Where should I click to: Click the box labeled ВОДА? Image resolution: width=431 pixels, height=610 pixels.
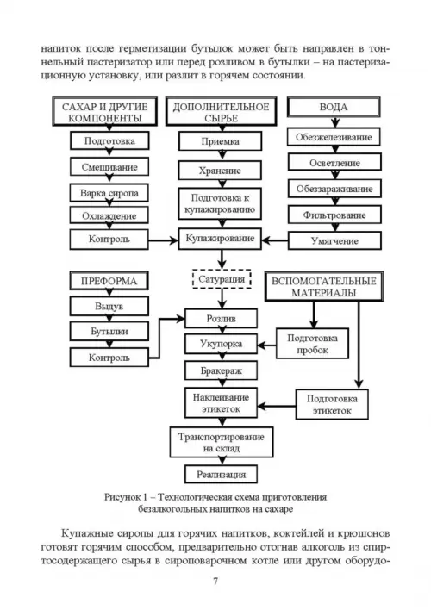click(334, 107)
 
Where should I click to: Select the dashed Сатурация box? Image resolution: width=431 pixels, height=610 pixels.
click(222, 279)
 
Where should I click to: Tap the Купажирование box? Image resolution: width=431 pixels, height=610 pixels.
click(220, 239)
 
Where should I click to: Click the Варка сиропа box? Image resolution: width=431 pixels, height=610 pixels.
click(109, 193)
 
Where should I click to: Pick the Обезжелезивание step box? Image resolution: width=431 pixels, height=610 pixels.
click(334, 137)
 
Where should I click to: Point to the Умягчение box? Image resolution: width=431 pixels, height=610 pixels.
click(334, 240)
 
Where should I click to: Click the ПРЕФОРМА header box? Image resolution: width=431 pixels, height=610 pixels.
click(109, 281)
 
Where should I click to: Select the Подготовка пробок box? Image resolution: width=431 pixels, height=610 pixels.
click(312, 344)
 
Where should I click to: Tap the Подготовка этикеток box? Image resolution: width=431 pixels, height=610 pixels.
click(332, 405)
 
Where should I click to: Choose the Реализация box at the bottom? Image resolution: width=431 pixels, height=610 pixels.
click(222, 474)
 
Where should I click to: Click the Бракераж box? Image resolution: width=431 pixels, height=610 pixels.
click(222, 370)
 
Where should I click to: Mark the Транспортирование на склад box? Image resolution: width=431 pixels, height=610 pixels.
click(222, 442)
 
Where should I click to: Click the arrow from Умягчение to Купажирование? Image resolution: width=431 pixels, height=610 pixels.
click(275, 240)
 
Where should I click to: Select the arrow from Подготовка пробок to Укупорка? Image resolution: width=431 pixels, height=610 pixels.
click(266, 345)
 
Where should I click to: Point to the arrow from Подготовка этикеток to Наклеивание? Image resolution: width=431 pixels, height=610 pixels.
click(277, 407)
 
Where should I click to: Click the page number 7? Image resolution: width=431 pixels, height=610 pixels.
click(215, 582)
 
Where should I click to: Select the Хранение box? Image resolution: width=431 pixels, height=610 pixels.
click(220, 171)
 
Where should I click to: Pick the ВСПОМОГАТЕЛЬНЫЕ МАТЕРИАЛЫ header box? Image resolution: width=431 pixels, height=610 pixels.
click(324, 287)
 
